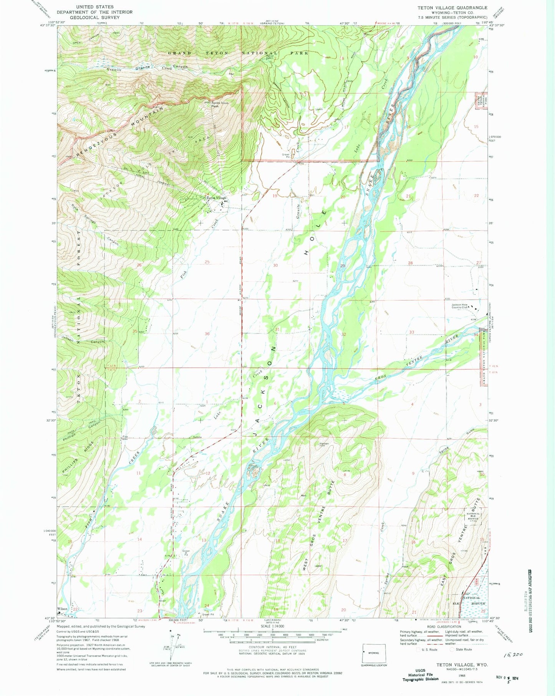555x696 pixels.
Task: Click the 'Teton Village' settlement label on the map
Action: click(217, 198)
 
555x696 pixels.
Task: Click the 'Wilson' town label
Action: click(62, 609)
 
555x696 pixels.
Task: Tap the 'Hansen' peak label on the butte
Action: click(324, 444)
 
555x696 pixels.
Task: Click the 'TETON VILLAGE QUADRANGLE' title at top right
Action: click(452, 8)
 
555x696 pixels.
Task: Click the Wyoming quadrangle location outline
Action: click(374, 653)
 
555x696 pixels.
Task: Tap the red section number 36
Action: click(207, 334)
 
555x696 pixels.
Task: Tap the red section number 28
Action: click(410, 263)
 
